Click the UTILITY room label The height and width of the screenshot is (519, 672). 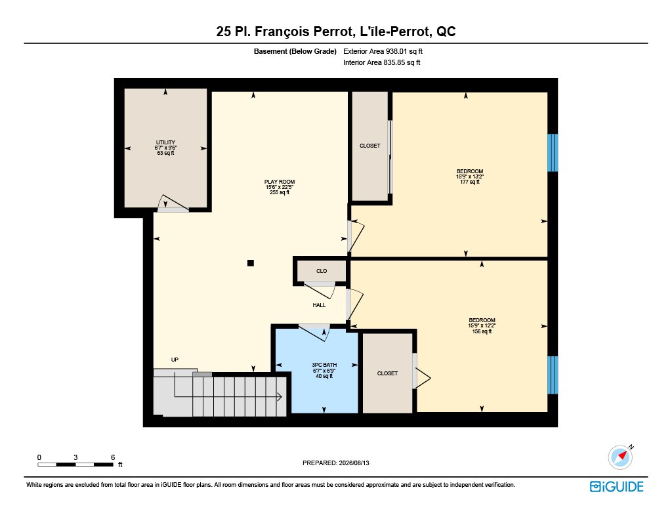point(165,142)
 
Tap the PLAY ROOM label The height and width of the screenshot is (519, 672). point(280,182)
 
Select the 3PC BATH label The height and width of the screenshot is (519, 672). point(324,365)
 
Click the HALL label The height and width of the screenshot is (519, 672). point(319,305)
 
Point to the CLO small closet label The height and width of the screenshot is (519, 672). point(322,271)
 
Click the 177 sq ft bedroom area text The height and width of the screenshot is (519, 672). point(470,182)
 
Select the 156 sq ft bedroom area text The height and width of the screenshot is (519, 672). point(482,331)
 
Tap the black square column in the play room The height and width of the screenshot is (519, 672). point(251,263)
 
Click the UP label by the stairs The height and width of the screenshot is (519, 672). point(175,360)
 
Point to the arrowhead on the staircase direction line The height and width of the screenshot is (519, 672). point(280,397)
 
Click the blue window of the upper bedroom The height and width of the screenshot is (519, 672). point(553,153)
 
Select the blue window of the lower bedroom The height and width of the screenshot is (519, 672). point(553,375)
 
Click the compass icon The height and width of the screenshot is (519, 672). point(621,457)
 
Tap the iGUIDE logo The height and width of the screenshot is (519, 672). point(617,487)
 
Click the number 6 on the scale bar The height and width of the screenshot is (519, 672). point(113,457)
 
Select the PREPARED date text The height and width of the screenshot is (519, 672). point(335,463)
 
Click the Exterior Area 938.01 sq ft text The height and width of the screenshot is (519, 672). point(383,51)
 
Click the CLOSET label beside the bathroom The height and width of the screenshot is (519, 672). point(387,373)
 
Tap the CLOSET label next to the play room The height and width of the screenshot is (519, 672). point(370,146)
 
